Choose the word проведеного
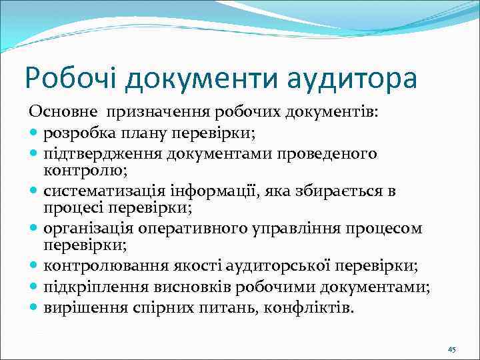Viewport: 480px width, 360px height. click(329, 154)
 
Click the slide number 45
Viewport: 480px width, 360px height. click(451, 349)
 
